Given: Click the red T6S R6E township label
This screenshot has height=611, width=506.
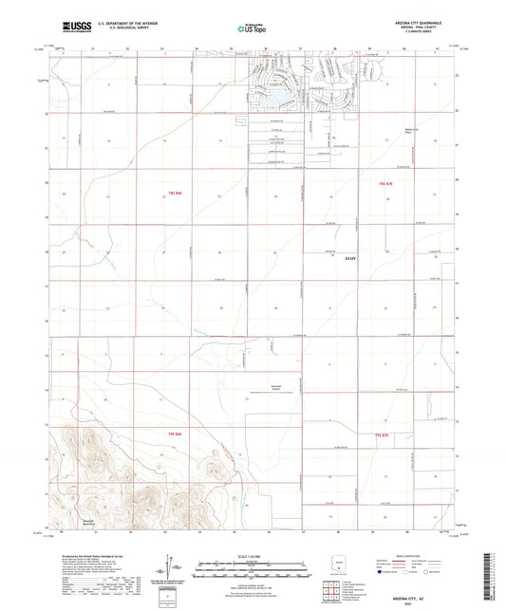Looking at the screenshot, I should click(173, 194).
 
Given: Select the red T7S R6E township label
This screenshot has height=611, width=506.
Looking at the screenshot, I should click(173, 433).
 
